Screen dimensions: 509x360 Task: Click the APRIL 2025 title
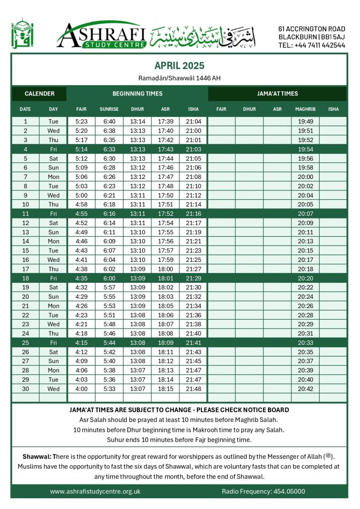[x=179, y=66]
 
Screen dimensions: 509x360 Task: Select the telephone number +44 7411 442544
[x=312, y=45]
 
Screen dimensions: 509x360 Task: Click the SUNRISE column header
[x=109, y=109]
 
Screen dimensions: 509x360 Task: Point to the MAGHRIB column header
[x=305, y=109]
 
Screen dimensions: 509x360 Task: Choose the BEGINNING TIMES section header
[x=137, y=93]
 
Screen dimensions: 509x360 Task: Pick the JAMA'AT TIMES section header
[x=277, y=93]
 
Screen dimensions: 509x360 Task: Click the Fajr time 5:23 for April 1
[x=81, y=121]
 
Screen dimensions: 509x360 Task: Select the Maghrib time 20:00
[x=305, y=176]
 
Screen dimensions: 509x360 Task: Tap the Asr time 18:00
[x=165, y=269]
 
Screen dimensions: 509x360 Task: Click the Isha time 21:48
[x=193, y=389]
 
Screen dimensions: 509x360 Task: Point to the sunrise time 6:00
[x=109, y=278]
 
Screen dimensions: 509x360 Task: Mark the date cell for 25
[x=25, y=342]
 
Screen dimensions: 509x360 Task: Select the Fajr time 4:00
[x=81, y=389]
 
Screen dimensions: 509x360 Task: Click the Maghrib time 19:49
[x=305, y=121]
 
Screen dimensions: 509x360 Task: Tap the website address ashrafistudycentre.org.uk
[x=95, y=491]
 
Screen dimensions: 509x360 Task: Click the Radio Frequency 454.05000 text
[x=263, y=491]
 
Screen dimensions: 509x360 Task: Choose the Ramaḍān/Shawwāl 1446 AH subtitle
[x=179, y=78]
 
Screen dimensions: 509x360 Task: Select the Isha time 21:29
[x=193, y=278]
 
